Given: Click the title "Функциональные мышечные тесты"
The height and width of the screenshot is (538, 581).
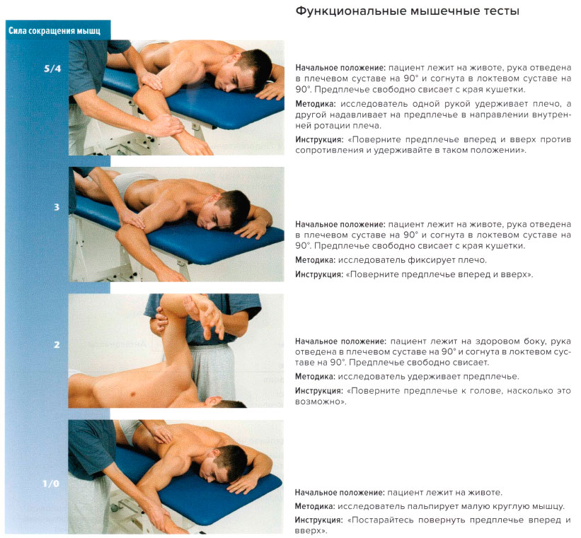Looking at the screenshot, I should pos(407,12).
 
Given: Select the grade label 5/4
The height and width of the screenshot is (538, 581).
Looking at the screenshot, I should pos(52,69).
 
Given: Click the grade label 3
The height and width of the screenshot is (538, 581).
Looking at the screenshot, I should pos(56,207).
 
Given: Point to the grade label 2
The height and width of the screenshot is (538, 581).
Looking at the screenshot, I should pos(56,345).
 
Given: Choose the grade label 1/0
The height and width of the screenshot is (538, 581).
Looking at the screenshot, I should pos(52,484).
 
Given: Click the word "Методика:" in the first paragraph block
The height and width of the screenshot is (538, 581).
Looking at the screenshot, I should pos(315,104).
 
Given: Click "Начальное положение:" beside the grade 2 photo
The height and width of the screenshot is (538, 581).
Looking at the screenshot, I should pos(340,341).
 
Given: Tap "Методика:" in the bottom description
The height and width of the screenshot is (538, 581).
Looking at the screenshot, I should pos(315,506).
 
